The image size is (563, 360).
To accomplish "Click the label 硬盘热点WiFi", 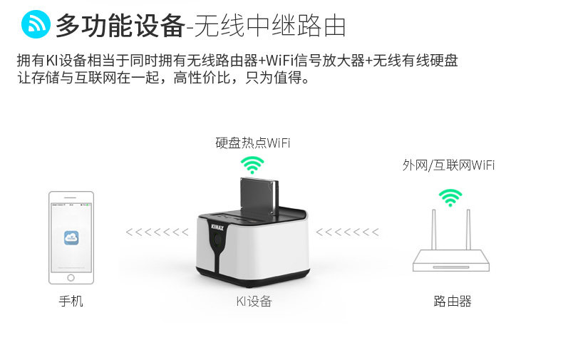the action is point(253,143).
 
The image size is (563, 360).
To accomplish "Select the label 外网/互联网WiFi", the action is point(448,165).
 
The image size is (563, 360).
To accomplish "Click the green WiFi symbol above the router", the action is point(450,196).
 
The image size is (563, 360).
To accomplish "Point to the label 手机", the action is point(71,302).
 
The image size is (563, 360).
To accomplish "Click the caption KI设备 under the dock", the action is point(254,302).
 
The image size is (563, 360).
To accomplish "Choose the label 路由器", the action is point(452,302).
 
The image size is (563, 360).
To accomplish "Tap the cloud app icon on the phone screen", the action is point(71,238).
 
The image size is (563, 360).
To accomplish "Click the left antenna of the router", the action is point(435,230).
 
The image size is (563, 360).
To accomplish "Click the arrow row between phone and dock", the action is point(157,232).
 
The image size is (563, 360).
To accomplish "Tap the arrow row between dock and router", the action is point(347,232).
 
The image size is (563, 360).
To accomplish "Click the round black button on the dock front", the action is point(217,252).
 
